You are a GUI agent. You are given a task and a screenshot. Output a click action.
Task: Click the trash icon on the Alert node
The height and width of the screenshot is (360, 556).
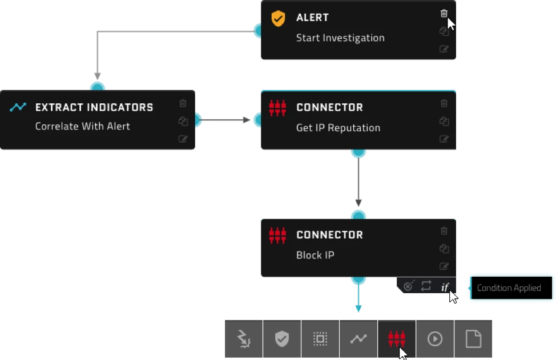pos(444,14)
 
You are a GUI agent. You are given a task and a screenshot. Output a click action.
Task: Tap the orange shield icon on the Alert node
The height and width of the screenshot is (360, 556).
pos(278,18)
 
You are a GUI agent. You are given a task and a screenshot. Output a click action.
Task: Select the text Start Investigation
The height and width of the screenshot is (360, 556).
pos(340,38)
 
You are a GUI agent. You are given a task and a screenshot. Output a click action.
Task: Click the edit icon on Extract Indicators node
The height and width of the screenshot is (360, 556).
pos(183,139)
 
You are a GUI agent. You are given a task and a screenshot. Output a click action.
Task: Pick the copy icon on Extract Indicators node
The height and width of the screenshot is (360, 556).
pos(183,121)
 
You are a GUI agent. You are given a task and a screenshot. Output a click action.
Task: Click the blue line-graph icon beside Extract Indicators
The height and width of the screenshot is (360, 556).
pos(18,107)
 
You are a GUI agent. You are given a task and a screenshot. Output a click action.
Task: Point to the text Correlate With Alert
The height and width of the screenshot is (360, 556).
pos(83,126)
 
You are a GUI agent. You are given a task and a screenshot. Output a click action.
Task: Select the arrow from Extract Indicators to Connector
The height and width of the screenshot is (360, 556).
pos(223,120)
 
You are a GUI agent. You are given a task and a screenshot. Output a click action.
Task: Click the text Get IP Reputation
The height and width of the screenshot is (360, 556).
pos(338,128)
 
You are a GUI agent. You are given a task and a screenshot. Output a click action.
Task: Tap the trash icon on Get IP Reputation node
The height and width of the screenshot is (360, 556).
pos(444,103)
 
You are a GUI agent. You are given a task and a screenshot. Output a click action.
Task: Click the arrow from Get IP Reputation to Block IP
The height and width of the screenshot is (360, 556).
pos(358,181)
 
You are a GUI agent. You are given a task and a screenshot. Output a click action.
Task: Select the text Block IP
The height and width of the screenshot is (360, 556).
pos(315,255)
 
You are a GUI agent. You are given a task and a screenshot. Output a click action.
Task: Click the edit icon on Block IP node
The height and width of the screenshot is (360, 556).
pos(444,266)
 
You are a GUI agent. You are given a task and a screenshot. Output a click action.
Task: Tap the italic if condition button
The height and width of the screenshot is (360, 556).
pos(445,286)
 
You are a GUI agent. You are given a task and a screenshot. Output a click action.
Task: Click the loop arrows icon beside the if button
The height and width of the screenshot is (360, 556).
pos(426,286)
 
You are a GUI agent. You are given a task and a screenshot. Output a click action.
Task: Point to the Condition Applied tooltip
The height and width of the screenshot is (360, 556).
pos(511,288)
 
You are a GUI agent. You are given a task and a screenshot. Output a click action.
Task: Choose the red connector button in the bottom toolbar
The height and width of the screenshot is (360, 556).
pos(397,339)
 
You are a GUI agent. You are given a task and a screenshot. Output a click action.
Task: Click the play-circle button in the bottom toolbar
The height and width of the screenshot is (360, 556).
pos(435,339)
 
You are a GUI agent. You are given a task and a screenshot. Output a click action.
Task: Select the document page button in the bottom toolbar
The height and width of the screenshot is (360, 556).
pos(473,339)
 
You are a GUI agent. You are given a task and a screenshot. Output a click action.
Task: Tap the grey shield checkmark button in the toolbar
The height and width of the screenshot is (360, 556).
pos(282,339)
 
